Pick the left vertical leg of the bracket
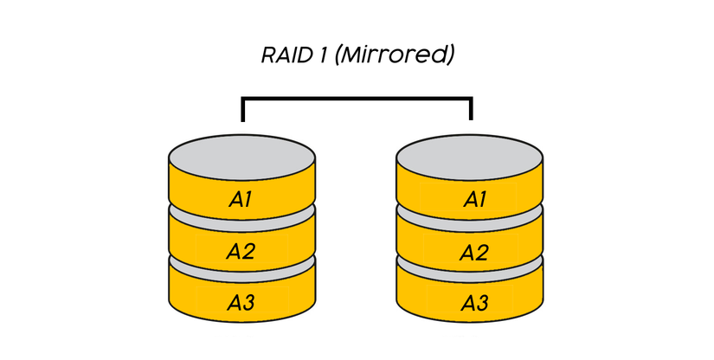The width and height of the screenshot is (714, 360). (243, 111)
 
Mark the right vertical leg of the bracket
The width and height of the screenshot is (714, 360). (471, 111)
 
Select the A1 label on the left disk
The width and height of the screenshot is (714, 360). (240, 200)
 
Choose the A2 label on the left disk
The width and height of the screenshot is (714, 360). (240, 252)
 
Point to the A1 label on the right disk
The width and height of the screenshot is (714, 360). (473, 200)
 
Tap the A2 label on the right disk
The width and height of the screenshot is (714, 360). (473, 252)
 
